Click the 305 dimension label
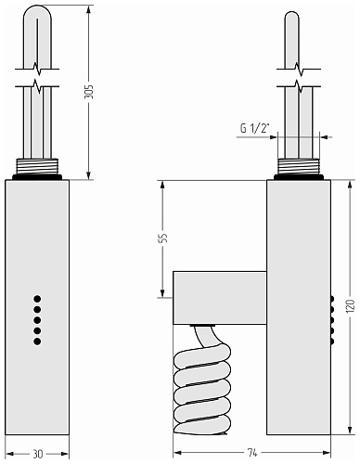click(x=88, y=91)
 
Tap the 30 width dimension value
click(x=38, y=454)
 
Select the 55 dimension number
click(x=163, y=238)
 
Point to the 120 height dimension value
click(x=350, y=306)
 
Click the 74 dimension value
click(x=252, y=453)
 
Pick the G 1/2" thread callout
click(x=255, y=128)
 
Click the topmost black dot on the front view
click(x=37, y=299)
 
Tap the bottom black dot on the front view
click(x=37, y=342)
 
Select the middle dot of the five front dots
click(x=37, y=320)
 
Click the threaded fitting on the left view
click(x=37, y=166)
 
